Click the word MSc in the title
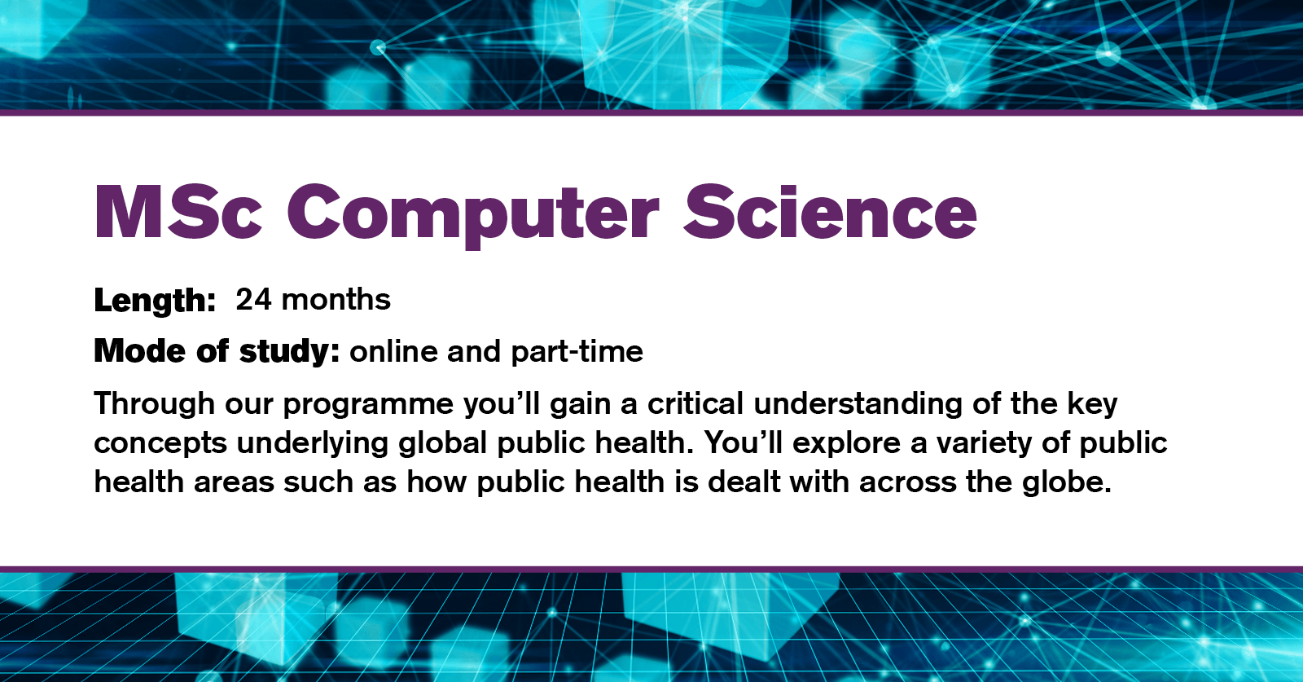point(178,212)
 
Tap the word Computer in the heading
point(473,216)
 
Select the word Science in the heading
point(830,212)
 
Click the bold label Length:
point(155,301)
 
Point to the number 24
point(253,299)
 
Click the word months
point(336,299)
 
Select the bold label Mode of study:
point(217,351)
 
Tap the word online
point(393,351)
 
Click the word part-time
point(577,351)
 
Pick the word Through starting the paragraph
point(154,404)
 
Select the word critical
point(695,403)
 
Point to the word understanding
point(858,404)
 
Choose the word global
point(443,443)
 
